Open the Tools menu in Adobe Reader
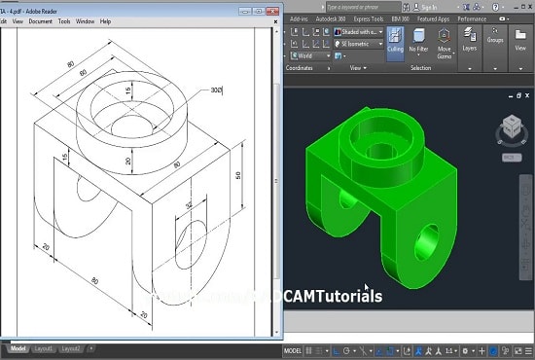click(64, 20)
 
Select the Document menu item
click(40, 20)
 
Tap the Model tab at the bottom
click(18, 347)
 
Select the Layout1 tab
click(44, 347)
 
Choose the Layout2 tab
click(70, 347)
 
